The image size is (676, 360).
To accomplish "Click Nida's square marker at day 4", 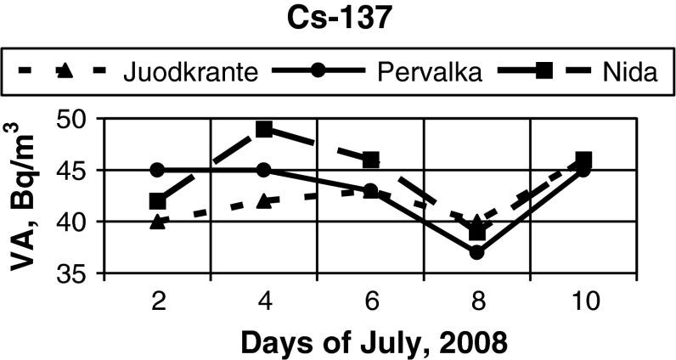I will point(263,129).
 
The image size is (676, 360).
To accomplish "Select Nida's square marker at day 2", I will point(157,201).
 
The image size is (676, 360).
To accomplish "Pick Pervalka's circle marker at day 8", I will point(476,252).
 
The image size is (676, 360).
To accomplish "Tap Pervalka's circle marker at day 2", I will point(157,170).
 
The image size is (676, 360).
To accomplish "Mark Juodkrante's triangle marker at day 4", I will point(263,200).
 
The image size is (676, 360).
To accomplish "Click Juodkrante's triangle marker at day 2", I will point(157,222).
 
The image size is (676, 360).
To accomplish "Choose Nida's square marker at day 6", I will point(370,160).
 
